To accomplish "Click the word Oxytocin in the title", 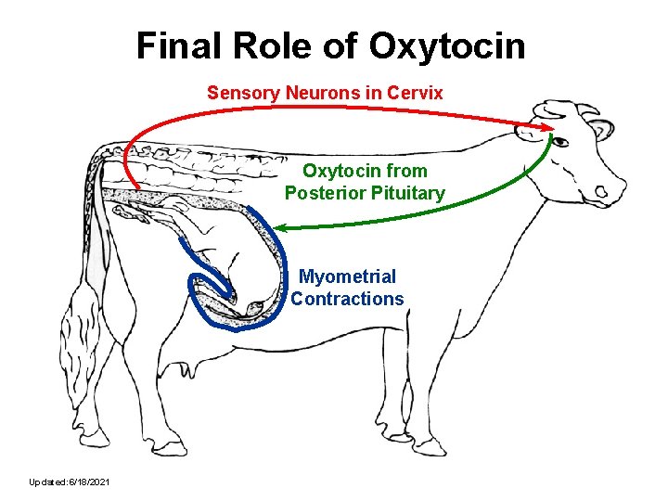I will click(x=447, y=45).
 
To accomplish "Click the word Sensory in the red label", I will click(x=238, y=93).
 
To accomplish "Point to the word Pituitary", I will click(x=404, y=193).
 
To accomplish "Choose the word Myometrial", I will click(x=347, y=276).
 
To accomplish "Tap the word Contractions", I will click(x=347, y=299).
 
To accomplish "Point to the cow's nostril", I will click(x=601, y=192).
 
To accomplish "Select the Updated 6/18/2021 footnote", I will click(x=71, y=482).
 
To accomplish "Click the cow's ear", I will click(x=601, y=129).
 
